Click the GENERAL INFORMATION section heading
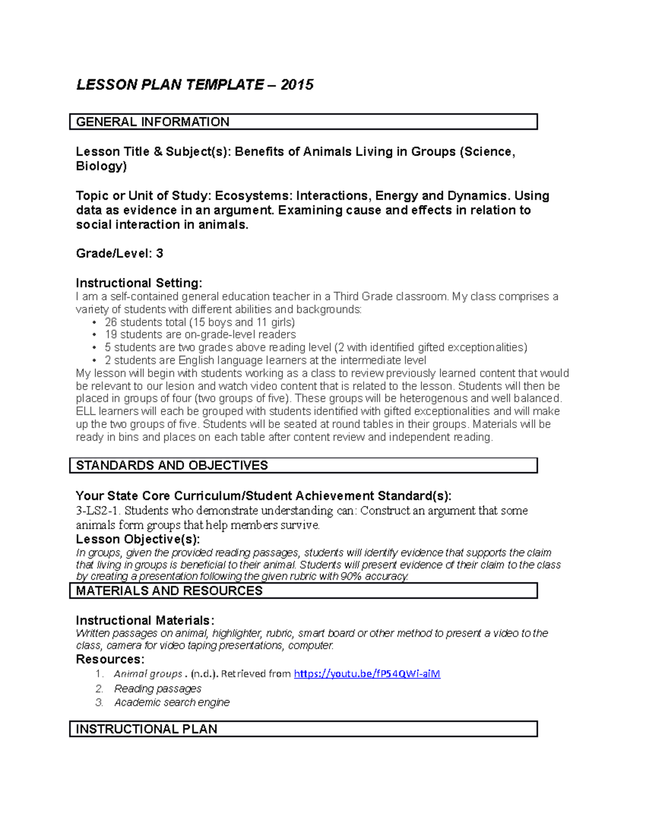tap(153, 122)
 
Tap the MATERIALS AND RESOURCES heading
tap(169, 591)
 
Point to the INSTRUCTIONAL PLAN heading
tap(146, 729)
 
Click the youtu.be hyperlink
tap(367, 673)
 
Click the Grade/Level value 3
tap(159, 254)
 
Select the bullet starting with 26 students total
tap(200, 322)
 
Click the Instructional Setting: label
tap(139, 283)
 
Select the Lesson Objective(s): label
tap(138, 539)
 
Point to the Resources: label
tap(110, 659)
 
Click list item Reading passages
tap(157, 689)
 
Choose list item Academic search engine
tap(172, 702)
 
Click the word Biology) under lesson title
tap(101, 166)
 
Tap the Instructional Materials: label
tap(145, 620)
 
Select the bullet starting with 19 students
tap(200, 334)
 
